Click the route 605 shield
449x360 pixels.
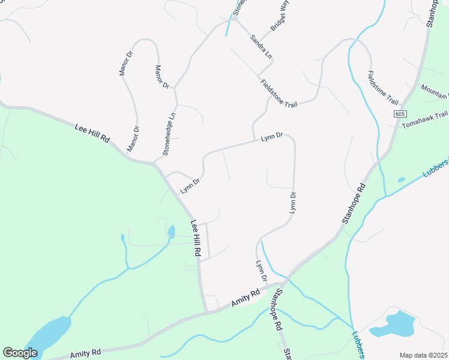[401, 114]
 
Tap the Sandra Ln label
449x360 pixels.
[261, 46]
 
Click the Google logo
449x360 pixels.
[20, 353]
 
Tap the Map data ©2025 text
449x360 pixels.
[423, 355]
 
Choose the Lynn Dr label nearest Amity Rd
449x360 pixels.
[261, 271]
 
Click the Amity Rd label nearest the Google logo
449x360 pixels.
[85, 354]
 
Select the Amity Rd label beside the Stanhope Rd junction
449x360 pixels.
[246, 297]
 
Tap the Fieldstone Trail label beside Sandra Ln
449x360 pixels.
[279, 93]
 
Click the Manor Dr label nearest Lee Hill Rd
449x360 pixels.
[133, 139]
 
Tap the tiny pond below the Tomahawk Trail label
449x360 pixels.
[401, 179]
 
